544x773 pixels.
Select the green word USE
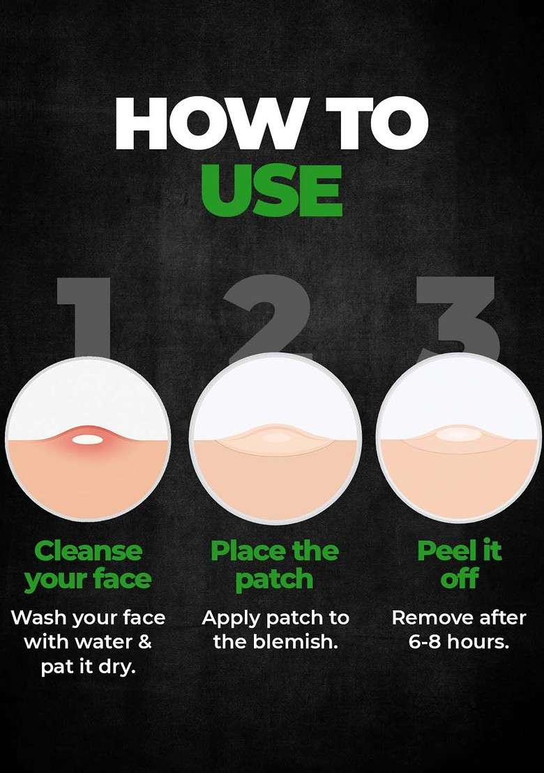click(271, 190)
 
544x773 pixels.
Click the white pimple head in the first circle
click(86, 438)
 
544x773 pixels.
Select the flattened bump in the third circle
click(459, 435)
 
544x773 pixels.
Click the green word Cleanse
click(88, 550)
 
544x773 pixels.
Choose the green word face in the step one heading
click(122, 579)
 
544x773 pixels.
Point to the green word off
click(459, 578)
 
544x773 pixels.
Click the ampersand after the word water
click(144, 643)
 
